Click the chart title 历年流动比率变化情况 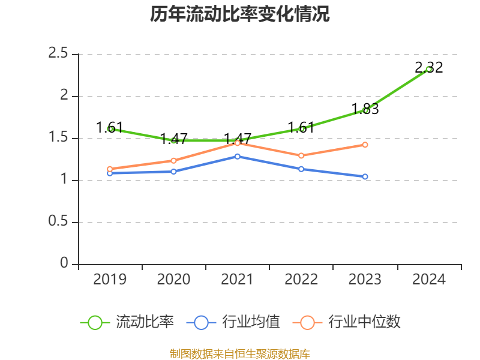(240, 14)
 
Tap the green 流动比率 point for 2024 (429, 69)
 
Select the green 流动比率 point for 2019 (110, 128)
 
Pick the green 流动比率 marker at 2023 (365, 110)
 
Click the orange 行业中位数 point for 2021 (238, 143)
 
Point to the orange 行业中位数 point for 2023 (365, 145)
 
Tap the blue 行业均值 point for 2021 (238, 156)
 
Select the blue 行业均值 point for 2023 (365, 176)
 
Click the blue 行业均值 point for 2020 (174, 172)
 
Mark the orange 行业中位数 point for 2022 (301, 155)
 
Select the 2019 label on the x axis (110, 280)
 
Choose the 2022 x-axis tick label (301, 280)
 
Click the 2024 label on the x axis (429, 280)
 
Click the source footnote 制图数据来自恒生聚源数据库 (240, 353)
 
